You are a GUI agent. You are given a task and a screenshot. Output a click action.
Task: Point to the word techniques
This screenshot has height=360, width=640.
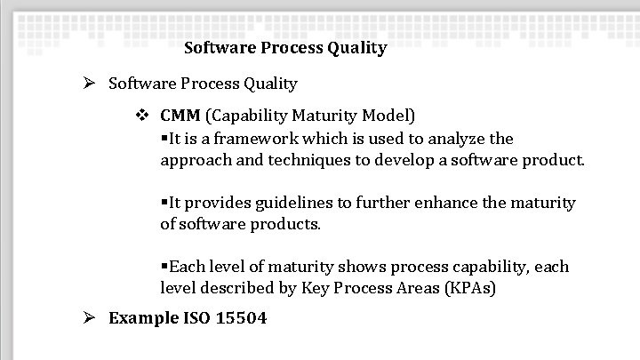coord(294,161)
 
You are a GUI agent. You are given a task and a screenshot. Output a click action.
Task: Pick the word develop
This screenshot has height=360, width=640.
coord(396,161)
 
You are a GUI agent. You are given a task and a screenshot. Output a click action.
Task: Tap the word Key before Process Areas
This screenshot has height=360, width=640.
coord(316,288)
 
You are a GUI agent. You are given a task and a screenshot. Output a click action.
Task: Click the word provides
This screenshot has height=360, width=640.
coord(214,203)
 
